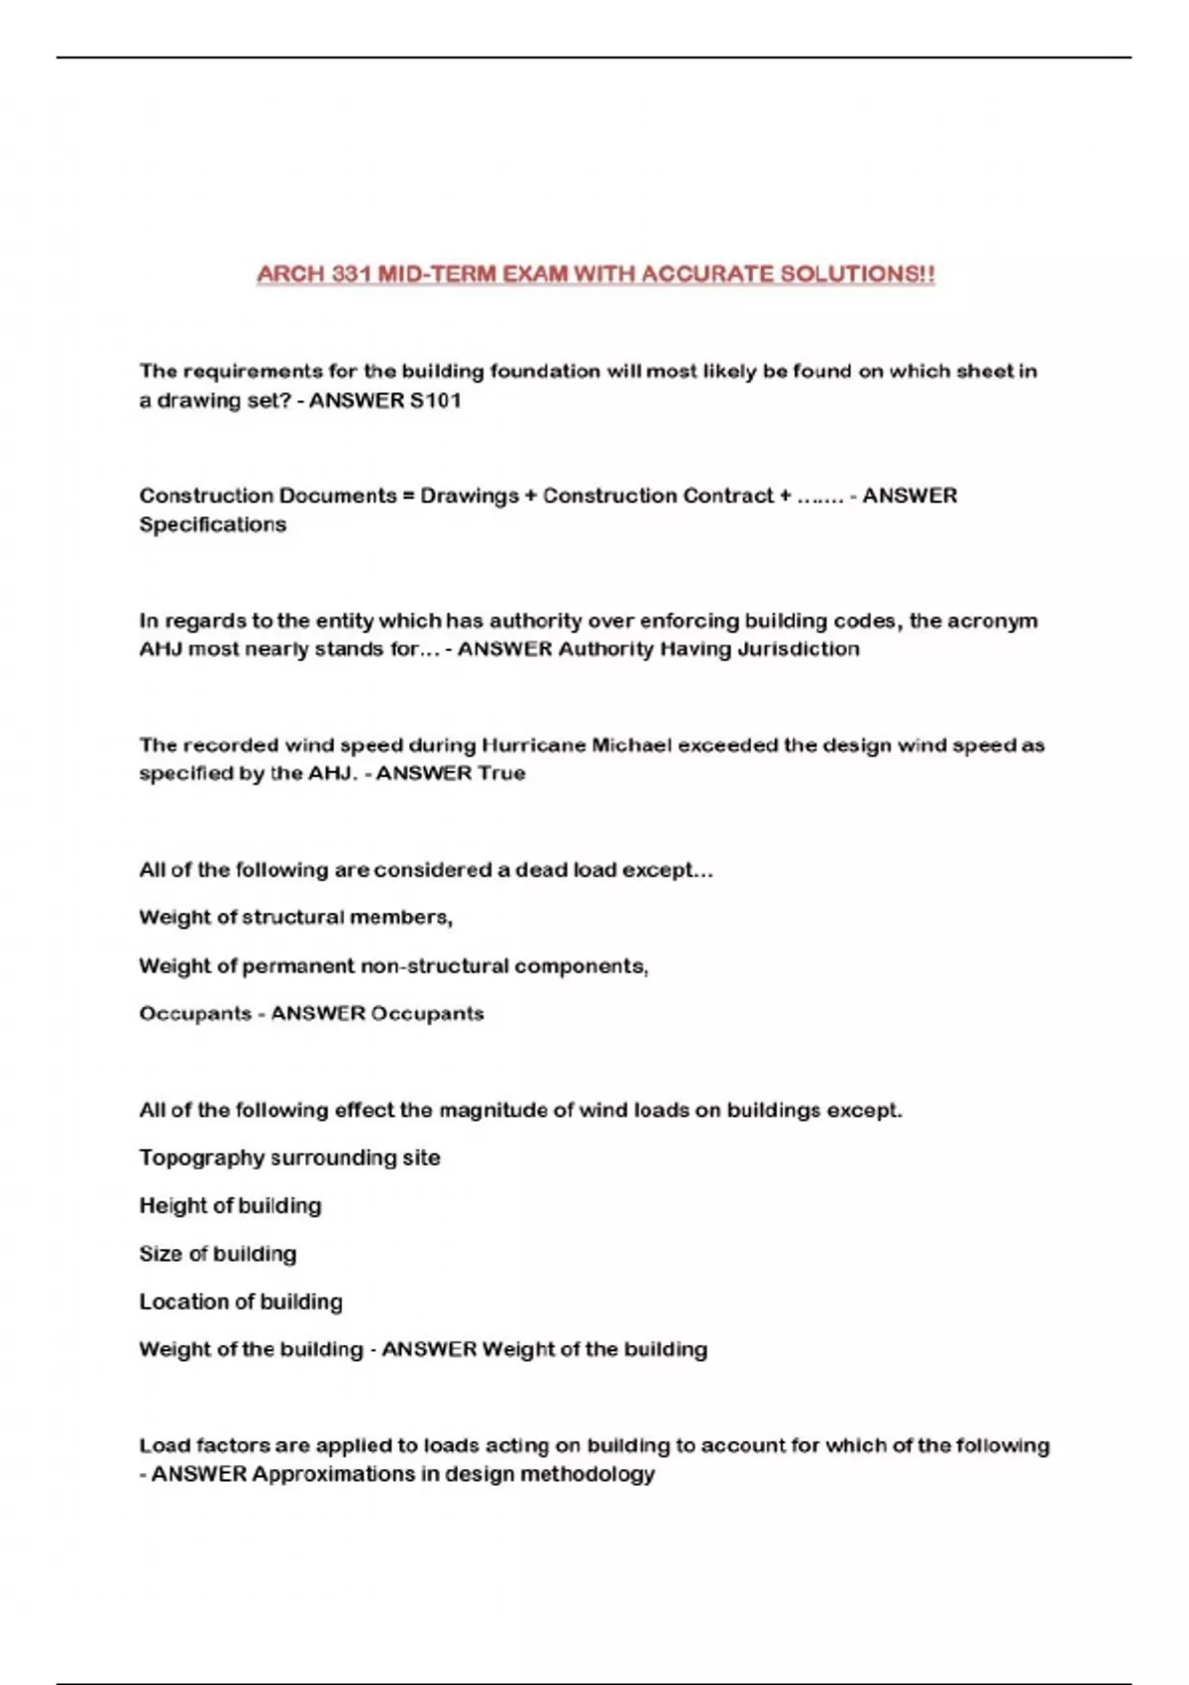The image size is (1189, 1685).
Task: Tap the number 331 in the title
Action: pyautogui.click(x=351, y=274)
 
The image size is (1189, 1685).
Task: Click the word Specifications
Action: pyautogui.click(x=212, y=524)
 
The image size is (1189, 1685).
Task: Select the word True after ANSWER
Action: pyautogui.click(x=501, y=773)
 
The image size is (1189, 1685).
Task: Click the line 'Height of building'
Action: pyautogui.click(x=230, y=1206)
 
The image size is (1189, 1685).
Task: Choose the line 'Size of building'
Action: pyautogui.click(x=217, y=1254)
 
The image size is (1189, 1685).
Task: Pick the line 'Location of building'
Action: pyautogui.click(x=241, y=1301)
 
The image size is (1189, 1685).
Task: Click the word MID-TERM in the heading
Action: pyautogui.click(x=437, y=274)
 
